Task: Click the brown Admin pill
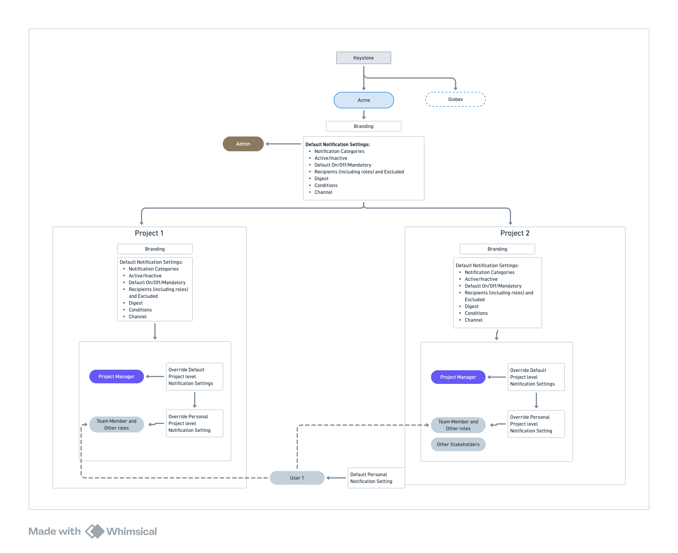(x=243, y=144)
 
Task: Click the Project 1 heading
(x=149, y=233)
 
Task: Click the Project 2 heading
(x=515, y=233)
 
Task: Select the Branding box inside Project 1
(x=155, y=249)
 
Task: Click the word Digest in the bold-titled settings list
(x=321, y=178)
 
